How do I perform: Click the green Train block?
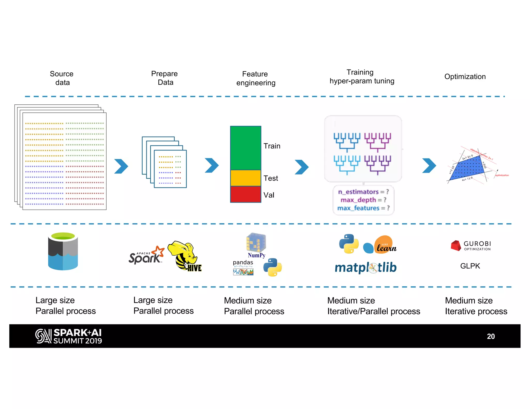246,148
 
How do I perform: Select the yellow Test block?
246,178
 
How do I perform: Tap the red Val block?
246,194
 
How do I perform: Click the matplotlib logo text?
365,267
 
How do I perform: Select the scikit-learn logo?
380,245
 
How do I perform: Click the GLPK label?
470,266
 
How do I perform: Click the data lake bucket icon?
63,251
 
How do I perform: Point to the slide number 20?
491,336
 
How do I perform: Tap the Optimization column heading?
465,77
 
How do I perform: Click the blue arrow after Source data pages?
121,166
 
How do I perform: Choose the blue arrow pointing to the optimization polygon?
429,165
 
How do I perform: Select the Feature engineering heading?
255,78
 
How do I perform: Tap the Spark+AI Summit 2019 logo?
69,336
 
